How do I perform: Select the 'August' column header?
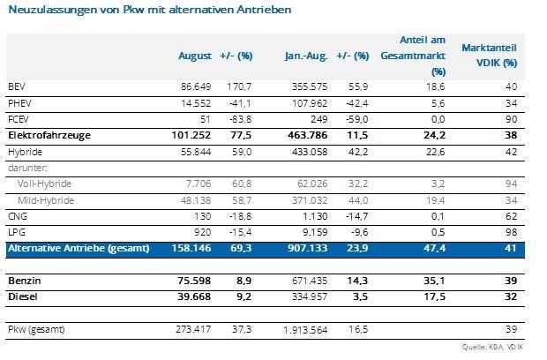pos(194,56)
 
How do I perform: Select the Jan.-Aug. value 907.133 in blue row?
pos(310,250)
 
